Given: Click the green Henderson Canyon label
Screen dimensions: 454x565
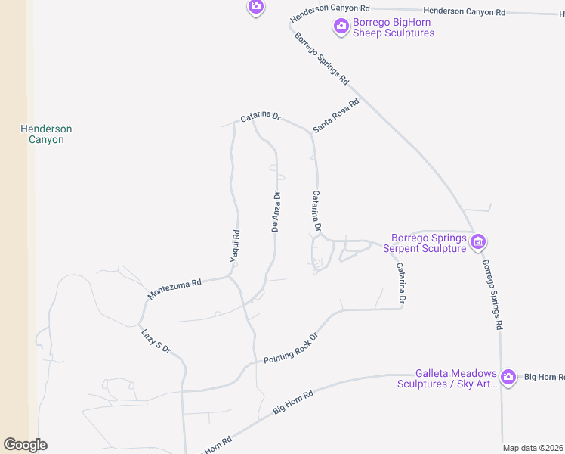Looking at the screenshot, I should [x=46, y=134].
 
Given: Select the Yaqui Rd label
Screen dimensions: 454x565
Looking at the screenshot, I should [x=235, y=246].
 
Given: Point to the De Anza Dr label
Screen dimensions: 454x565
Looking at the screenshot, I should [x=276, y=212].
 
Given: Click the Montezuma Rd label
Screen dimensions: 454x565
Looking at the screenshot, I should [x=174, y=288].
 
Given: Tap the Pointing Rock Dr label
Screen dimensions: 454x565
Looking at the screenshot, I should [x=291, y=348].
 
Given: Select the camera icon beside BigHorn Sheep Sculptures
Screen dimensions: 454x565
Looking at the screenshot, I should [x=341, y=26].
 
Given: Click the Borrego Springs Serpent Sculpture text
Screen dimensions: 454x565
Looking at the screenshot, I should [x=424, y=243].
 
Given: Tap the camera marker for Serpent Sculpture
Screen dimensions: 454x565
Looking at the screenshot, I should [x=477, y=242].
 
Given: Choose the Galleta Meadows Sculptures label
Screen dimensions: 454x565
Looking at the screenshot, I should [x=447, y=378].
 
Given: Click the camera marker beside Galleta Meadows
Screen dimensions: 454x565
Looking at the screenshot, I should [x=508, y=376].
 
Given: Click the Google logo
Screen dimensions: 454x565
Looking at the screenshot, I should [x=25, y=445].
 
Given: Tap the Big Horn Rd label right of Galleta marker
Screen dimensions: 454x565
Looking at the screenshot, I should [x=544, y=376].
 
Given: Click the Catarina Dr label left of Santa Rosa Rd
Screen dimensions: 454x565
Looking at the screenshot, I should [x=261, y=117].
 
